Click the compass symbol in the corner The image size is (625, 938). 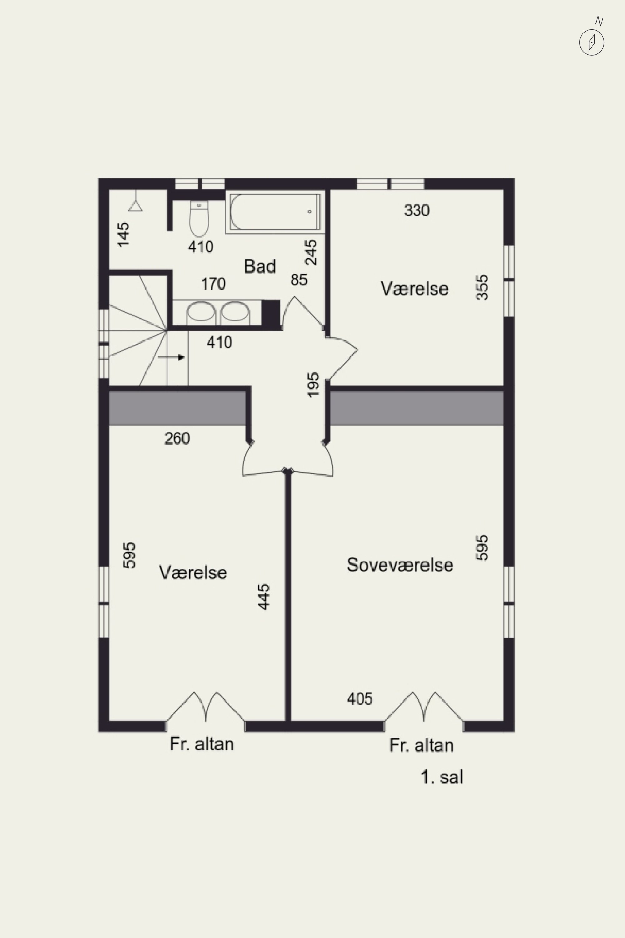tap(592, 42)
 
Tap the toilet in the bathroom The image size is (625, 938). tap(199, 219)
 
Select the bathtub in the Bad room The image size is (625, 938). tap(275, 212)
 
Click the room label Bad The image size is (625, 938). tap(260, 266)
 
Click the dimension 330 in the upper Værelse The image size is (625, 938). tap(417, 210)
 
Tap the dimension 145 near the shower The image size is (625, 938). tap(123, 234)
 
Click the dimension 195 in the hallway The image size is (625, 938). tap(313, 385)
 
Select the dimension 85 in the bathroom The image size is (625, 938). tap(299, 280)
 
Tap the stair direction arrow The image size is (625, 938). tap(171, 357)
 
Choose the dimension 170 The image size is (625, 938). tap(213, 284)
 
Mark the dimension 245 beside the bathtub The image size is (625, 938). tap(311, 252)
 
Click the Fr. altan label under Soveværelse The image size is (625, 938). tap(421, 745)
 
